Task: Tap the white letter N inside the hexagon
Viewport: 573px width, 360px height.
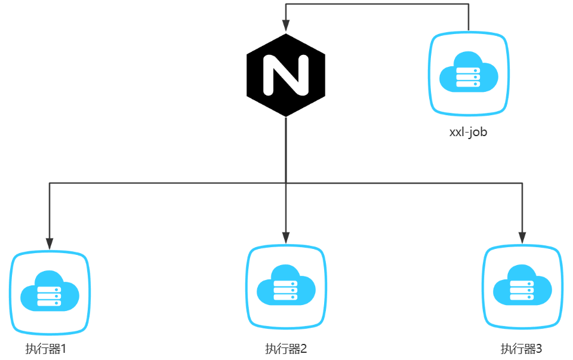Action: [286, 75]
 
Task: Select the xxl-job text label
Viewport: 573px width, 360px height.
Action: [468, 132]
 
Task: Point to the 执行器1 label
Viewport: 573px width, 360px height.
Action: [45, 349]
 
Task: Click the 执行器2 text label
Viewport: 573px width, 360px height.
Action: [286, 349]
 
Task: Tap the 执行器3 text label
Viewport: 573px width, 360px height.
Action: [522, 349]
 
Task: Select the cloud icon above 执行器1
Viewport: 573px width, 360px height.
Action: [50, 290]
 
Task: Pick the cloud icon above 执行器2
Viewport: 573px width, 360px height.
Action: [286, 285]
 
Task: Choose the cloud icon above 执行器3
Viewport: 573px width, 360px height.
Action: [522, 285]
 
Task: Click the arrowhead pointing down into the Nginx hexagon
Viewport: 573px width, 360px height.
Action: [286, 25]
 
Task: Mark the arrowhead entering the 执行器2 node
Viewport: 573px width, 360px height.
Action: [286, 238]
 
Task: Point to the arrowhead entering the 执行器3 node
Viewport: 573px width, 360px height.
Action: [523, 238]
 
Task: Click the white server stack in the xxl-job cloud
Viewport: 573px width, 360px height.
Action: [468, 76]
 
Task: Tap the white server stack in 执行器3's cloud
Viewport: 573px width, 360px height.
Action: [522, 290]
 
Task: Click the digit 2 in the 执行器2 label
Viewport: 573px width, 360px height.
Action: [303, 349]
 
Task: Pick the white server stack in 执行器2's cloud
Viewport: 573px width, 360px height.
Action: [285, 290]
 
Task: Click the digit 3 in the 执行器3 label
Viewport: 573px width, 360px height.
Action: [539, 349]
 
